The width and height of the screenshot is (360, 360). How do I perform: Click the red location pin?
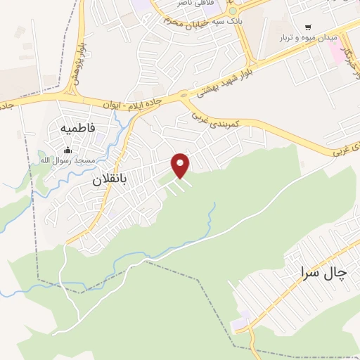(181, 165)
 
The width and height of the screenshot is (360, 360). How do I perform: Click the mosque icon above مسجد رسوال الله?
(67, 149)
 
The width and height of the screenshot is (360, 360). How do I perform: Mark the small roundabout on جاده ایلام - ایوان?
(184, 94)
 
